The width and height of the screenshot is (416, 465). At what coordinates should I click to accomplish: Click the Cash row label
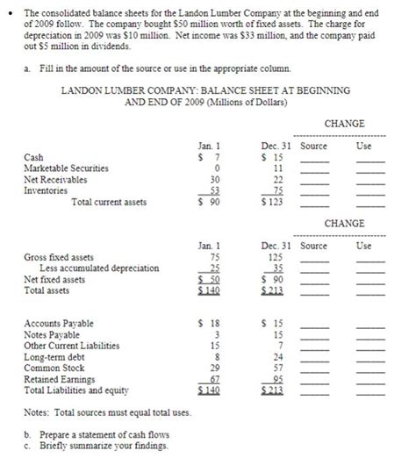(32, 157)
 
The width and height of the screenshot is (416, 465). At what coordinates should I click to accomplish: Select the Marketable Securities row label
(67, 167)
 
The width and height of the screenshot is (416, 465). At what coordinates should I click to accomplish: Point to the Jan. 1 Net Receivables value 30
(211, 176)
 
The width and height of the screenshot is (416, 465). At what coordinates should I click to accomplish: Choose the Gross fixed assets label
(58, 259)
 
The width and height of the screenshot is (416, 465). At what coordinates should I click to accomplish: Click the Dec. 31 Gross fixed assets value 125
(274, 259)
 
